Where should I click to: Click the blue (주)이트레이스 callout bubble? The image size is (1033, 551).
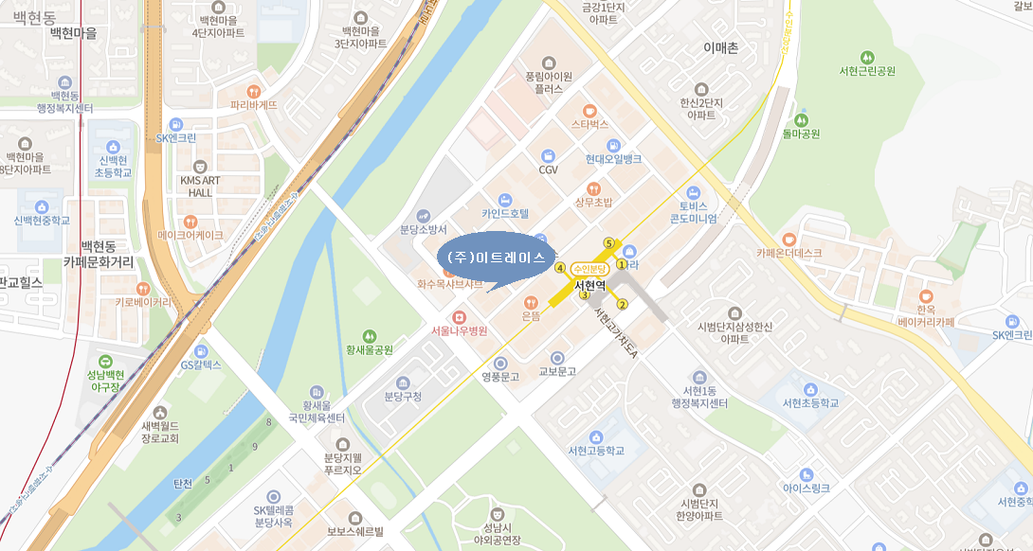(x=497, y=258)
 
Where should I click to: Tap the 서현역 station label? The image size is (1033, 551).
(x=589, y=284)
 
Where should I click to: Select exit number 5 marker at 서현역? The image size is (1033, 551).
(x=609, y=242)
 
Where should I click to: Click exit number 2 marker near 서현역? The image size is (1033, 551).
(x=623, y=304)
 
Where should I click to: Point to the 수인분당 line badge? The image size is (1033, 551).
(x=589, y=270)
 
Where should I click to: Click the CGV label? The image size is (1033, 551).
(x=548, y=170)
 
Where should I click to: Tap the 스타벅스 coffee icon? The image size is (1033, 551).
(x=589, y=109)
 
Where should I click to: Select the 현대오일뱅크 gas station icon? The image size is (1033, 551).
(x=613, y=145)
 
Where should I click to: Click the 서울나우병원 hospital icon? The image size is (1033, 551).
(x=459, y=316)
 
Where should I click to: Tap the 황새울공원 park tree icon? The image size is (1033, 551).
(x=370, y=335)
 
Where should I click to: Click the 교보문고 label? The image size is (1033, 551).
(x=557, y=372)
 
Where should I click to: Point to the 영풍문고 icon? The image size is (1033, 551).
(x=500, y=363)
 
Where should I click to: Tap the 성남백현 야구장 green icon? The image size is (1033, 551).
(x=104, y=361)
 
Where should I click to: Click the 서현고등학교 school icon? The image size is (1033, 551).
(x=595, y=436)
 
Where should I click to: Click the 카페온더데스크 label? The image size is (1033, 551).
(x=788, y=253)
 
